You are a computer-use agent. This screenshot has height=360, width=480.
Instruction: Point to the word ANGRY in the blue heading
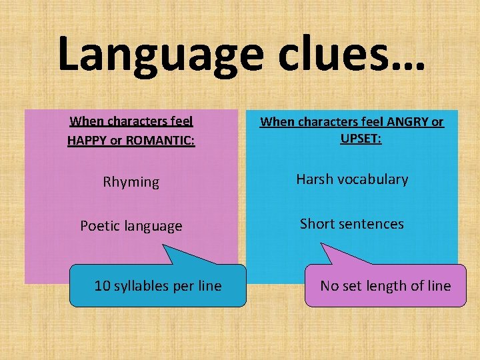[405, 121]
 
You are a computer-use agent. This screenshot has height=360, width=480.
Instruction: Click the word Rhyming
[131, 182]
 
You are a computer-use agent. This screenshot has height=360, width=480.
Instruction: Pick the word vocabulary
[374, 179]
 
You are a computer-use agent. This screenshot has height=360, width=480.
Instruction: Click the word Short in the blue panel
[319, 223]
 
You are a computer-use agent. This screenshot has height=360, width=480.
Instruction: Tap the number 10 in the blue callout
[102, 286]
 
